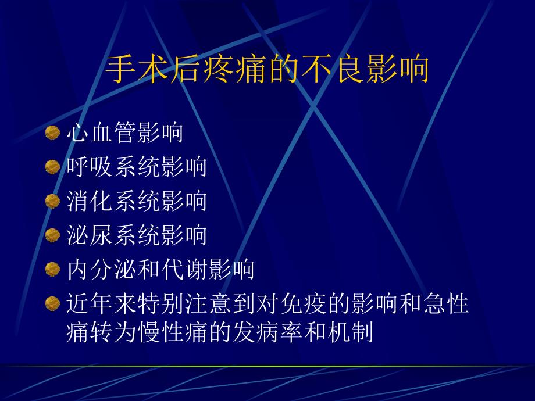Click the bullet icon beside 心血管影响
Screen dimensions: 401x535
coord(53,133)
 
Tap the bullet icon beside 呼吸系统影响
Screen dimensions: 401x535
coord(53,167)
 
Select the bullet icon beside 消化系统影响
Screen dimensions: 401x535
coord(53,201)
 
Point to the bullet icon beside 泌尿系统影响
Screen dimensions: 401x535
coord(53,235)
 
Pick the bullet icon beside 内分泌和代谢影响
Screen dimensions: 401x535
coord(53,269)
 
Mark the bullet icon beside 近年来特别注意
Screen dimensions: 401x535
coord(53,303)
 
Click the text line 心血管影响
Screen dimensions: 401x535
coord(125,133)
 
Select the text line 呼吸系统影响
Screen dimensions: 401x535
coord(137,167)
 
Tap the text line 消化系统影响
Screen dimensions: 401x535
coord(137,201)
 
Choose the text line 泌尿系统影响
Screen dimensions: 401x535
coord(137,235)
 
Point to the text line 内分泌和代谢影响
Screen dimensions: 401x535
coord(160,269)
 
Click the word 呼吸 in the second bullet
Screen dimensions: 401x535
coord(90,167)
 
